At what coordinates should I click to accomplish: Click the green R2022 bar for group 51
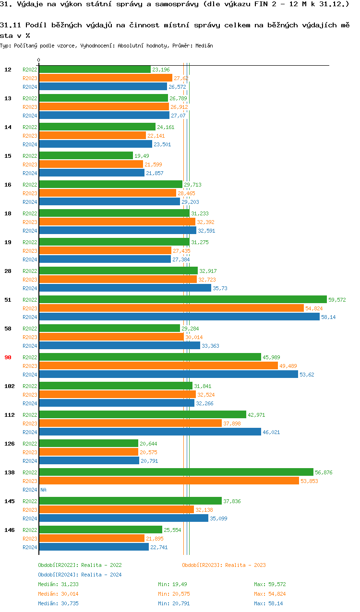[182, 299]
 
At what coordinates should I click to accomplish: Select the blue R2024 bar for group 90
[168, 374]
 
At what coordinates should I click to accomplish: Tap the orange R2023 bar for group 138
[168, 481]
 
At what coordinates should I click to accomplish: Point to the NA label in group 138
[43, 490]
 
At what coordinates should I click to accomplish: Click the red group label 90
[8, 357]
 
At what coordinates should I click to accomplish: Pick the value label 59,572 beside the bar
[337, 300]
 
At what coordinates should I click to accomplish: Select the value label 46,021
[271, 432]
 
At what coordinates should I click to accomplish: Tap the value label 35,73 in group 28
[220, 288]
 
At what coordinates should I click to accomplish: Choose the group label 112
[9, 415]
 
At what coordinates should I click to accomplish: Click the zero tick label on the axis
[39, 60]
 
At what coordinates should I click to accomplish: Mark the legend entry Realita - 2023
[224, 565]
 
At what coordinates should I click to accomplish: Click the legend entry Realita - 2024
[80, 575]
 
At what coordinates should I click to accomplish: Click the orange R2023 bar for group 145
[116, 509]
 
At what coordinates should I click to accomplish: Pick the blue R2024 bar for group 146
[94, 547]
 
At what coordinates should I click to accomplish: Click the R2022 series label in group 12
[30, 70]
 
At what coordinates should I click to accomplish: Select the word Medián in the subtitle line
[204, 46]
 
